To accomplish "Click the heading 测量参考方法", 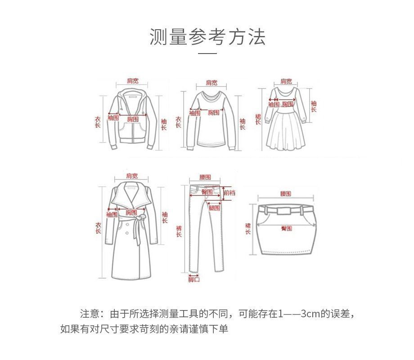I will tap(207, 37).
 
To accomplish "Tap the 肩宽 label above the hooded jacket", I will tap(132, 81).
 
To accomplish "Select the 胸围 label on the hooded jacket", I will tap(132, 119).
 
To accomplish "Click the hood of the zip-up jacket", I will tap(132, 97).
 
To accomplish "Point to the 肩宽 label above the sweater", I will tap(211, 83).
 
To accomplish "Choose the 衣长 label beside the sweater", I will tap(179, 121).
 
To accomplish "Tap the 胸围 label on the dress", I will tap(288, 104).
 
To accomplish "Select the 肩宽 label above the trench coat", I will tap(132, 176).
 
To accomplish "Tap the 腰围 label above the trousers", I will tap(205, 178).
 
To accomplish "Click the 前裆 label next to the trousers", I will tap(229, 193).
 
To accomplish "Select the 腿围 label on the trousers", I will tap(214, 208).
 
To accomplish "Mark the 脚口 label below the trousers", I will tap(194, 279).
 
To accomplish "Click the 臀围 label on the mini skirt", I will tap(286, 228).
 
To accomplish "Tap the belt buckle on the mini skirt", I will tap(284, 210).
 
